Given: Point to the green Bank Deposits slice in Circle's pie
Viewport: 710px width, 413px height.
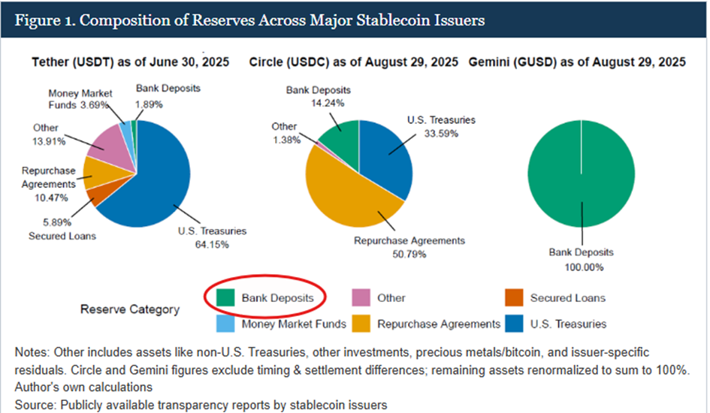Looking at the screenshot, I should [x=342, y=135].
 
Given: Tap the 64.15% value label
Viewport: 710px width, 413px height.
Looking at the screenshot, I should [x=213, y=244].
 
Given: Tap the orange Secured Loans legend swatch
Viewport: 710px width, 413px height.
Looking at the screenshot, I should [x=515, y=297].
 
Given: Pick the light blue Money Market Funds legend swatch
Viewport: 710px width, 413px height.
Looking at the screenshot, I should [x=224, y=324].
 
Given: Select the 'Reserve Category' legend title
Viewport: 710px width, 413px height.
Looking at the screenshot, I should [x=130, y=309].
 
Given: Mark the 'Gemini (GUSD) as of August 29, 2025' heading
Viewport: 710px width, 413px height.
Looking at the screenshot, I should [x=577, y=63].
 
